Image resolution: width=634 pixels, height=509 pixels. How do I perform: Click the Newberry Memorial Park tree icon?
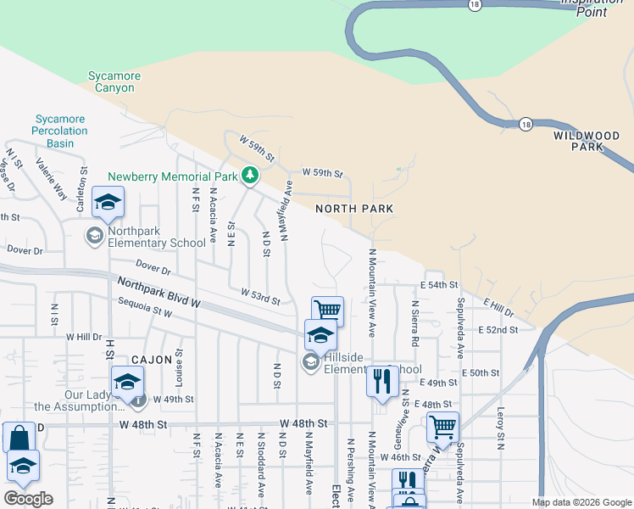pos(249,175)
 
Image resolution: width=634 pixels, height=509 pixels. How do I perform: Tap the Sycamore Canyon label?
pos(114,82)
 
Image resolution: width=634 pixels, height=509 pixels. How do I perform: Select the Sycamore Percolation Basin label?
pos(59,131)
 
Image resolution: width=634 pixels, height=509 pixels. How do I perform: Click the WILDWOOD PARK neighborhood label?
pos(588,141)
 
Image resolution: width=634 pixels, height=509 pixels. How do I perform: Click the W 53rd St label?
pos(259,296)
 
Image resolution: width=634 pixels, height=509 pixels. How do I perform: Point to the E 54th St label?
pos(438,285)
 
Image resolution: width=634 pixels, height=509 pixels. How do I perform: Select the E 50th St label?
pos(483,372)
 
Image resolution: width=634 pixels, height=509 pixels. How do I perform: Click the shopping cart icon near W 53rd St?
pos(327,310)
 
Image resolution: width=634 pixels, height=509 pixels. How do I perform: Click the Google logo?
pos(28,498)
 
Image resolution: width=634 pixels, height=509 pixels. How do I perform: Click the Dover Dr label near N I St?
pos(25,250)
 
